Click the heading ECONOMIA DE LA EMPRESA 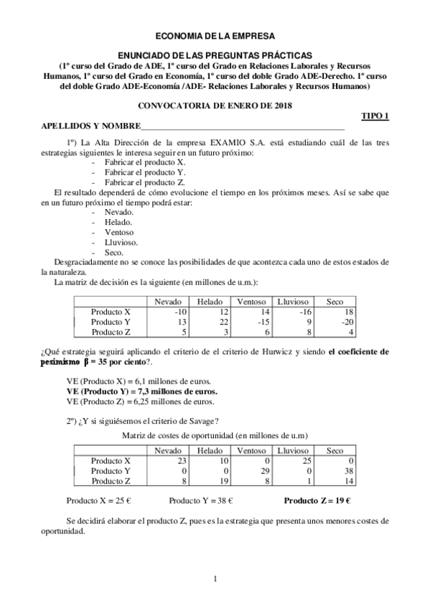click(215, 34)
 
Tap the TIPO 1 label click(374, 116)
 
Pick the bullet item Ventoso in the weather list click(119, 232)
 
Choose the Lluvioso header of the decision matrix click(293, 302)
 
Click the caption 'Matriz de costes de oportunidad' click(215, 435)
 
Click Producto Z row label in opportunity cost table click(111, 480)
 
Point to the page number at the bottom click(215, 579)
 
